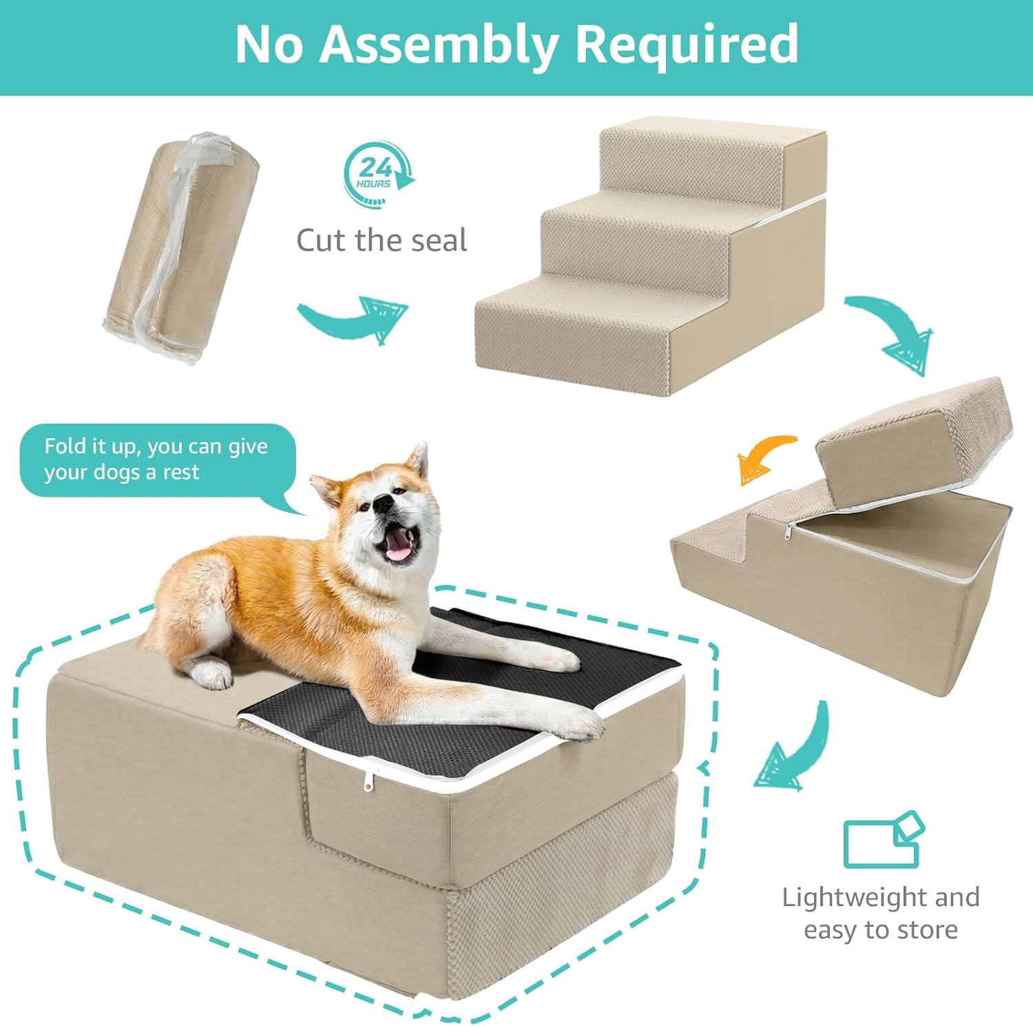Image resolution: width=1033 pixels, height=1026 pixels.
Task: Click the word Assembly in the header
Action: click(x=438, y=45)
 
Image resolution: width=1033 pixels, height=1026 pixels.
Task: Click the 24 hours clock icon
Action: click(x=378, y=175)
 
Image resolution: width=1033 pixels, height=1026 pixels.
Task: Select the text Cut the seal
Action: click(x=382, y=240)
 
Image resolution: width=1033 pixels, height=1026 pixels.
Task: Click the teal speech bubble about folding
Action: click(x=158, y=460)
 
